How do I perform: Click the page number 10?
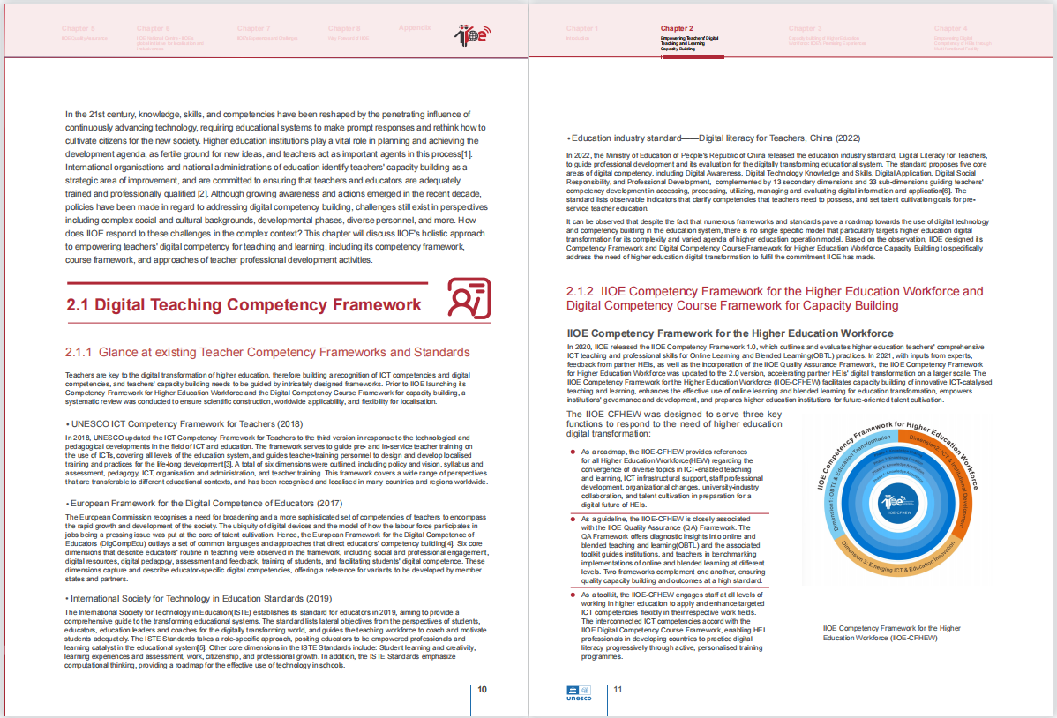click(483, 689)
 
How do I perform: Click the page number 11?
click(618, 689)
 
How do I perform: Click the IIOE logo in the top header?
click(472, 35)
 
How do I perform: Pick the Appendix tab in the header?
click(415, 28)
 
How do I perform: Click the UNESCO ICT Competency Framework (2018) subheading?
click(184, 423)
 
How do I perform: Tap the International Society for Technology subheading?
click(199, 599)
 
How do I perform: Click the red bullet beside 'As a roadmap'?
click(572, 452)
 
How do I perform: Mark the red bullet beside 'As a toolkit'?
click(572, 595)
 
